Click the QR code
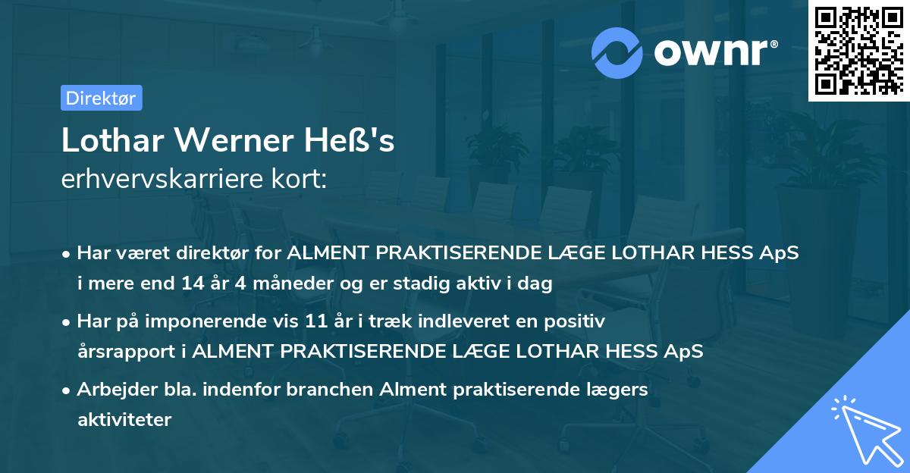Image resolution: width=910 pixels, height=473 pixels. click(x=858, y=51)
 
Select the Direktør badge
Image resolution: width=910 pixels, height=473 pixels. click(x=101, y=98)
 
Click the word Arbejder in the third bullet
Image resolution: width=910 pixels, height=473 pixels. click(x=111, y=390)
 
